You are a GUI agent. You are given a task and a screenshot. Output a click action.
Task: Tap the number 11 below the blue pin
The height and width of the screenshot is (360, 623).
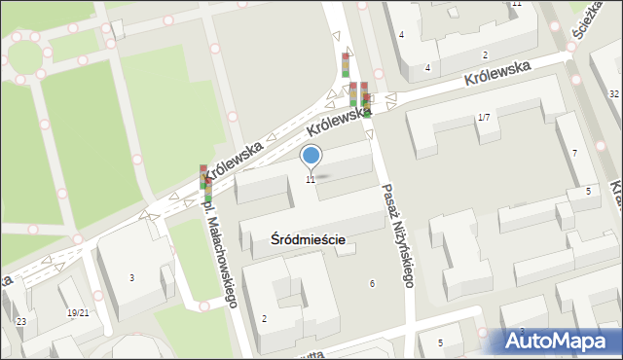[x=311, y=179]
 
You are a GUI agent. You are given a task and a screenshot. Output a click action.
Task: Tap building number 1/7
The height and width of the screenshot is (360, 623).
[x=484, y=118]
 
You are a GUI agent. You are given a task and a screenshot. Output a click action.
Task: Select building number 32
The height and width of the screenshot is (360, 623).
[x=613, y=93]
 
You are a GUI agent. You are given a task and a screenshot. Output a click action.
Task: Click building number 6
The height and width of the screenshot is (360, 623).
[x=372, y=283]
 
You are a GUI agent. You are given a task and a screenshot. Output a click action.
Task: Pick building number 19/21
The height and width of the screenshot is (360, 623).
[x=78, y=312]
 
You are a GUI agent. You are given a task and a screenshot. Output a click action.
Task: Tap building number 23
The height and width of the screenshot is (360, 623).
[x=20, y=321]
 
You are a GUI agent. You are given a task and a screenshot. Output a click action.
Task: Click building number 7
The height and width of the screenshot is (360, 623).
[x=574, y=154]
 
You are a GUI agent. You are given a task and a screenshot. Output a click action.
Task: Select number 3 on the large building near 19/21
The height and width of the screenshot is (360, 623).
[x=132, y=278]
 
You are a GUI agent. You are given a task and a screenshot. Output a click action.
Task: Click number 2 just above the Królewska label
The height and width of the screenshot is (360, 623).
[x=484, y=55]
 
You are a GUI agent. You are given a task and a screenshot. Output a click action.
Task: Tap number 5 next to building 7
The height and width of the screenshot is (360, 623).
[x=588, y=192]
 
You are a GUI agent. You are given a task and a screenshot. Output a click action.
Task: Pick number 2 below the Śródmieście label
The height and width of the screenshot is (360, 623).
[x=264, y=318]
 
